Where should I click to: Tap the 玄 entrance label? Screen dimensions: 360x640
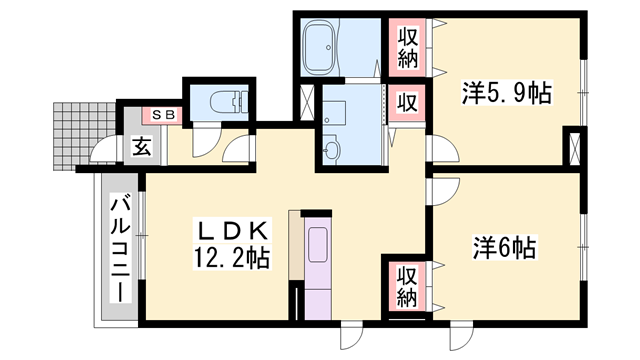(x=142, y=147)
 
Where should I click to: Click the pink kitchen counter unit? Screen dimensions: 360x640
(x=318, y=266)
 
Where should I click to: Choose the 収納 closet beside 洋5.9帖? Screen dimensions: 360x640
(x=408, y=47)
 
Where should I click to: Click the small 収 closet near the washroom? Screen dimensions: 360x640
(x=408, y=102)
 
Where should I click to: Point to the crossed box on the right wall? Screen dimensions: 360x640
(x=573, y=147)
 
